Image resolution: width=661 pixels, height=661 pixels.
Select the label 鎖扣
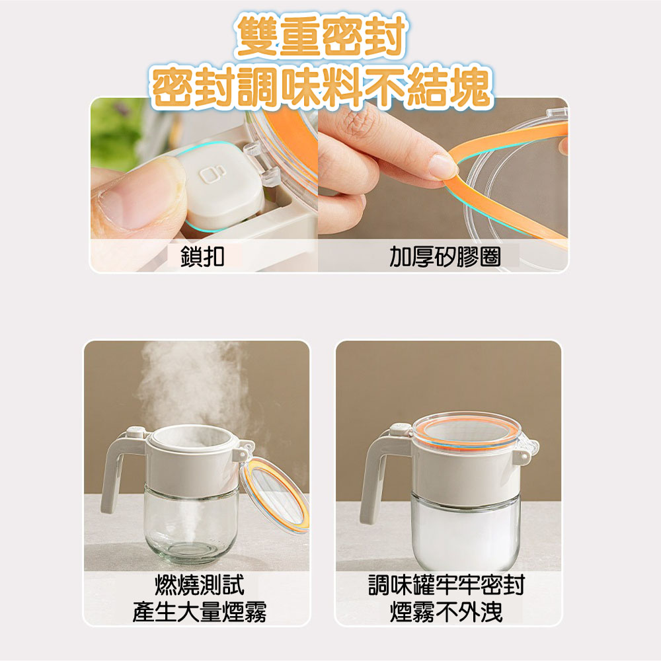[x=202, y=256]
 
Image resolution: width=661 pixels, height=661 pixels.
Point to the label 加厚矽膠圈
[x=444, y=256]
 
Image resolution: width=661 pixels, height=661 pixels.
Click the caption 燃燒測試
[x=199, y=584]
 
